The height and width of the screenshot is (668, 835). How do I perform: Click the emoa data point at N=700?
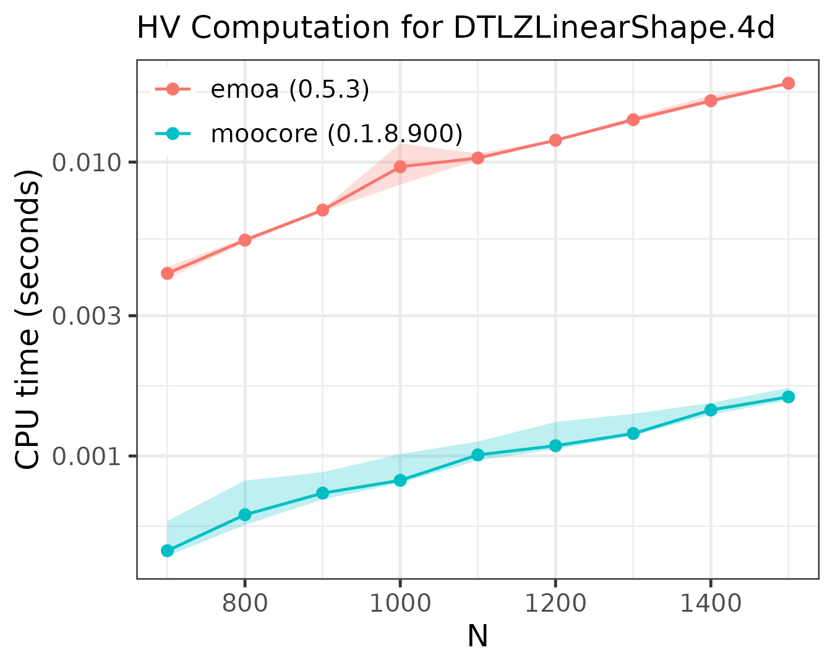tap(167, 273)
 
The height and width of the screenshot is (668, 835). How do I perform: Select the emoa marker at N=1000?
tap(400, 166)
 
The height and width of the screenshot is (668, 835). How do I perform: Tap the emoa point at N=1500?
tap(788, 83)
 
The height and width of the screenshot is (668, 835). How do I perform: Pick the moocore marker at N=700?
tap(167, 550)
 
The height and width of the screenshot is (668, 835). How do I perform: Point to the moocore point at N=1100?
tap(477, 455)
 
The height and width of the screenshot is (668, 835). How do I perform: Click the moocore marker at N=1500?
tap(788, 396)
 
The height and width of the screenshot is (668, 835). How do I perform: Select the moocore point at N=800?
tap(245, 515)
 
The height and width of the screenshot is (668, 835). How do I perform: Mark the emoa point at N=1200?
tap(555, 140)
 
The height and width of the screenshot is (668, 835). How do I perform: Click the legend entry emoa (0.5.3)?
tap(289, 90)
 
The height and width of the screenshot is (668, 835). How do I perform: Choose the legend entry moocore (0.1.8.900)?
tap(336, 133)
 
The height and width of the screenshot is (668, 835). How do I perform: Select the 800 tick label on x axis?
tap(245, 603)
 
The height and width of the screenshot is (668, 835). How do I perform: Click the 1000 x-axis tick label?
tap(400, 603)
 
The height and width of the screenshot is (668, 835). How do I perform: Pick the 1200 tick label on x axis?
tap(555, 603)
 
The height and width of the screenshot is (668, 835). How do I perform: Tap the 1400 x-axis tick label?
tap(710, 603)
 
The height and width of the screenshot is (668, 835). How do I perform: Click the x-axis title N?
tap(477, 637)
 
